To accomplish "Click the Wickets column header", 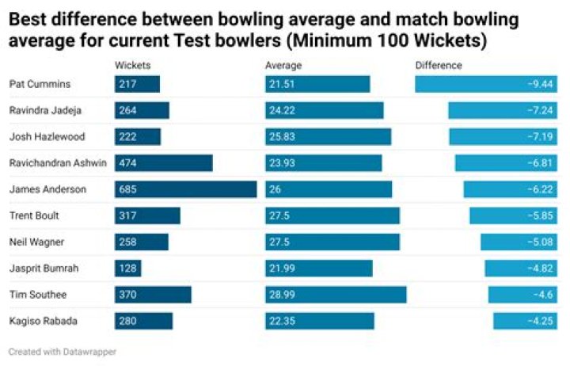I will [x=132, y=66].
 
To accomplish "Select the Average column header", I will [x=283, y=66].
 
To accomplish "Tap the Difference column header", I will [x=439, y=66].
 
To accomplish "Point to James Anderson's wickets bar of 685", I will [x=185, y=189].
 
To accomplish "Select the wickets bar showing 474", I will [x=163, y=163].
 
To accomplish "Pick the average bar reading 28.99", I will [x=336, y=294].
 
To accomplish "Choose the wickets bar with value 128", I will [x=128, y=268].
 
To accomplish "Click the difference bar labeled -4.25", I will [x=526, y=321].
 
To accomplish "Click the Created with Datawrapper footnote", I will [x=63, y=350].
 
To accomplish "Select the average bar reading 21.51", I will [x=317, y=84].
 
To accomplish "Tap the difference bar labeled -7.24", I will [x=503, y=110].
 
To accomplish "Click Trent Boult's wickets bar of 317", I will [x=147, y=215].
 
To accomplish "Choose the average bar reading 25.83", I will [x=328, y=137].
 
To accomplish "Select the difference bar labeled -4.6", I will [x=523, y=294].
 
